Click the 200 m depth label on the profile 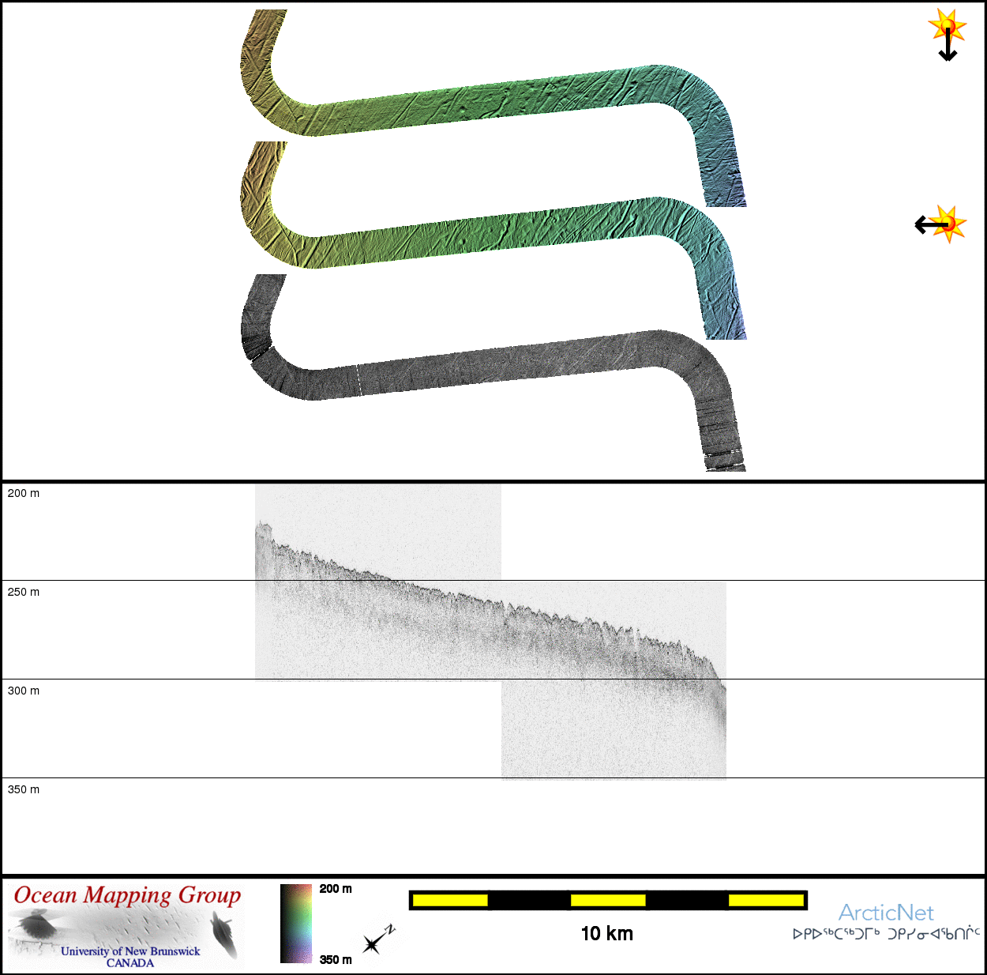[x=24, y=493]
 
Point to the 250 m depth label [x=24, y=592]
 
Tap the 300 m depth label [x=24, y=691]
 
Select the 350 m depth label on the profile [x=24, y=789]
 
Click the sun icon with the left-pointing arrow [x=941, y=224]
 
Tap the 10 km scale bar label [x=607, y=933]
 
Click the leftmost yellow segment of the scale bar [x=450, y=900]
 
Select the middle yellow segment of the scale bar [x=608, y=900]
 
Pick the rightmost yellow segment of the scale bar [x=766, y=900]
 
